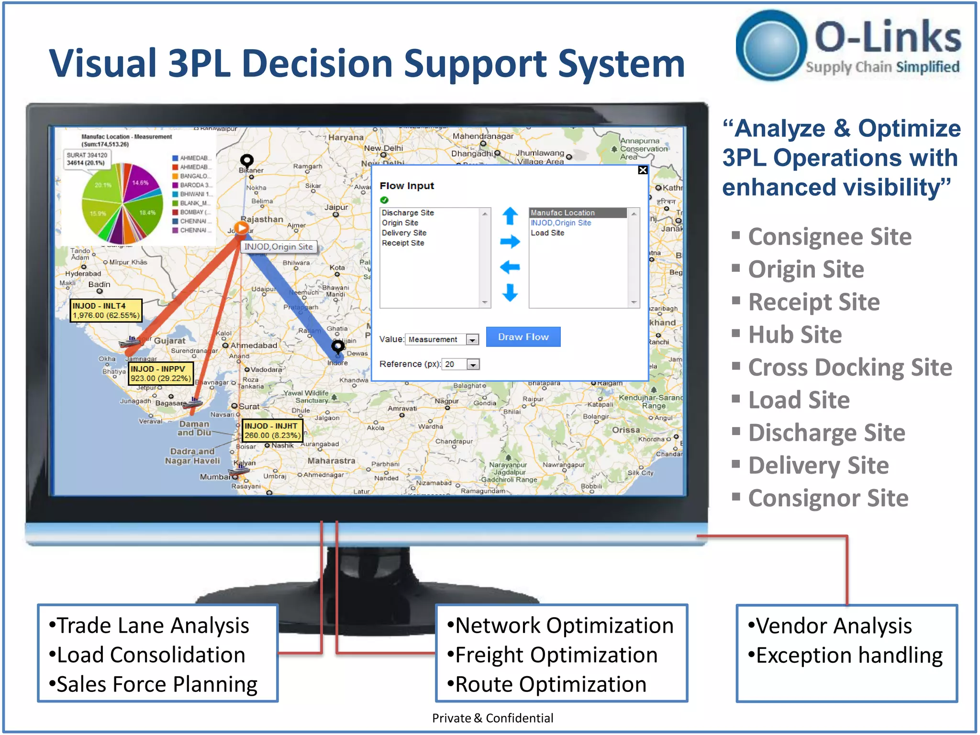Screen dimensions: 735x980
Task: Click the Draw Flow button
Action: [523, 337]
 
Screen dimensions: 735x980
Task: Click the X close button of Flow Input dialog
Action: [643, 170]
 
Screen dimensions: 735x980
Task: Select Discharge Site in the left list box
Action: [408, 212]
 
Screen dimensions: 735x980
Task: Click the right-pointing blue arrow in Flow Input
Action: [510, 241]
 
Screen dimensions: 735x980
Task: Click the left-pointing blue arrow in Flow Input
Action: [510, 267]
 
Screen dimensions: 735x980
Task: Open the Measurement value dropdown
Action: [472, 340]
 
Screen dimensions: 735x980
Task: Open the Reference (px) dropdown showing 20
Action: [473, 365]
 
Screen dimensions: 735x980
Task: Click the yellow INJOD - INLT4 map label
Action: [106, 311]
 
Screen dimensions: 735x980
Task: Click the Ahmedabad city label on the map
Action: [254, 345]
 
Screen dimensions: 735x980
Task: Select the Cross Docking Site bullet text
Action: [850, 367]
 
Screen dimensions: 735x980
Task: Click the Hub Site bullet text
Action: [795, 334]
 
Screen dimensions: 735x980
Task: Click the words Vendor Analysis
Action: [834, 626]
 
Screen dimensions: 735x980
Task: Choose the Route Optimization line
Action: [550, 684]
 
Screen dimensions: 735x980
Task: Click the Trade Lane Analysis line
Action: [153, 626]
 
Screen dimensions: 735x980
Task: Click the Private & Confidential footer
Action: [492, 718]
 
